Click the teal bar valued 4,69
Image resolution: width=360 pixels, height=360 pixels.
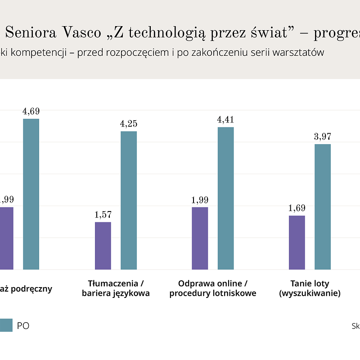click(x=31, y=194)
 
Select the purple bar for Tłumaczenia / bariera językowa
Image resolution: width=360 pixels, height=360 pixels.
click(x=103, y=246)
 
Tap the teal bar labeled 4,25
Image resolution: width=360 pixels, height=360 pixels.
click(x=129, y=200)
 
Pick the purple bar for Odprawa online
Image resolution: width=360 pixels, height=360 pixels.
click(x=200, y=238)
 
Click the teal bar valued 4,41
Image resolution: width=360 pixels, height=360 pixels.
click(x=226, y=198)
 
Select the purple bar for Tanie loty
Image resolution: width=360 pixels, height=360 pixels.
click(x=297, y=243)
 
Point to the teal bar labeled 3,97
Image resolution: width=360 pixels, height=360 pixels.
click(x=323, y=207)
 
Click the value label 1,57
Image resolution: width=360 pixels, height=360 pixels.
click(x=103, y=215)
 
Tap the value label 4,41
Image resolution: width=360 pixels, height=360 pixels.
click(x=226, y=120)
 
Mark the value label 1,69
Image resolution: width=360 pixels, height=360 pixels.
click(x=297, y=208)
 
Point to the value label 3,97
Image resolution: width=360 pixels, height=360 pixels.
click(x=323, y=137)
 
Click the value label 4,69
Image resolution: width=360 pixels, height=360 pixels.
click(x=31, y=112)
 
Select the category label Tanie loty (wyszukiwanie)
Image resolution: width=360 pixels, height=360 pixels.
click(x=310, y=288)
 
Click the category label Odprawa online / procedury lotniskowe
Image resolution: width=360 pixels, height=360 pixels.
click(x=213, y=288)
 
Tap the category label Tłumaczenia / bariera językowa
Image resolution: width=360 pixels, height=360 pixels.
click(x=116, y=288)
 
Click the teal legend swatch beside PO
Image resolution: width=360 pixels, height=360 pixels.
click(x=6, y=325)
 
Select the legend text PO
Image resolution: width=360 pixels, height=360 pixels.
click(x=23, y=326)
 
